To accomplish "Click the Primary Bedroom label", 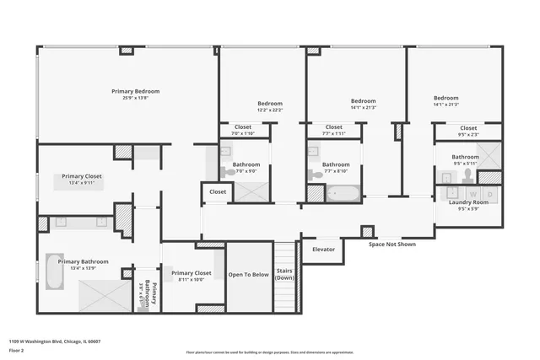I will coord(135,91).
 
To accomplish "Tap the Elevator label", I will coord(324,250).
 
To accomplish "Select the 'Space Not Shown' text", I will coord(391,244).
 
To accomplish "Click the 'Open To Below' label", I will coord(249,275).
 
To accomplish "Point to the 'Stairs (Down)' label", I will coord(285,275).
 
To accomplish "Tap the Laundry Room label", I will coord(468,202).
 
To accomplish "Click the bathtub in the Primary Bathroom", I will coord(54,271).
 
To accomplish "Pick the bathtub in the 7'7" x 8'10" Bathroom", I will coord(343,194).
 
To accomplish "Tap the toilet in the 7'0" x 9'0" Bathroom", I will coord(228,172).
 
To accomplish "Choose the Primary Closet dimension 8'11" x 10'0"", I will coord(191,280).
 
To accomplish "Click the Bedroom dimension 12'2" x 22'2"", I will coord(270,110).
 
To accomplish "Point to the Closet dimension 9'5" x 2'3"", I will coord(468,134).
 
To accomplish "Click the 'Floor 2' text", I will coord(19,351).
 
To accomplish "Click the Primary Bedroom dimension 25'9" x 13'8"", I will coord(135,98).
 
